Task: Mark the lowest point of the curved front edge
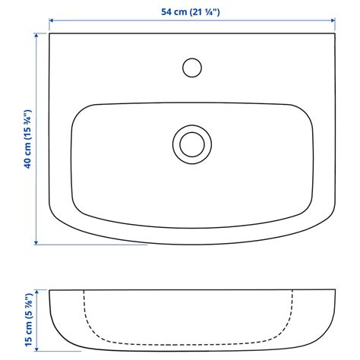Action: tap(191, 245)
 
